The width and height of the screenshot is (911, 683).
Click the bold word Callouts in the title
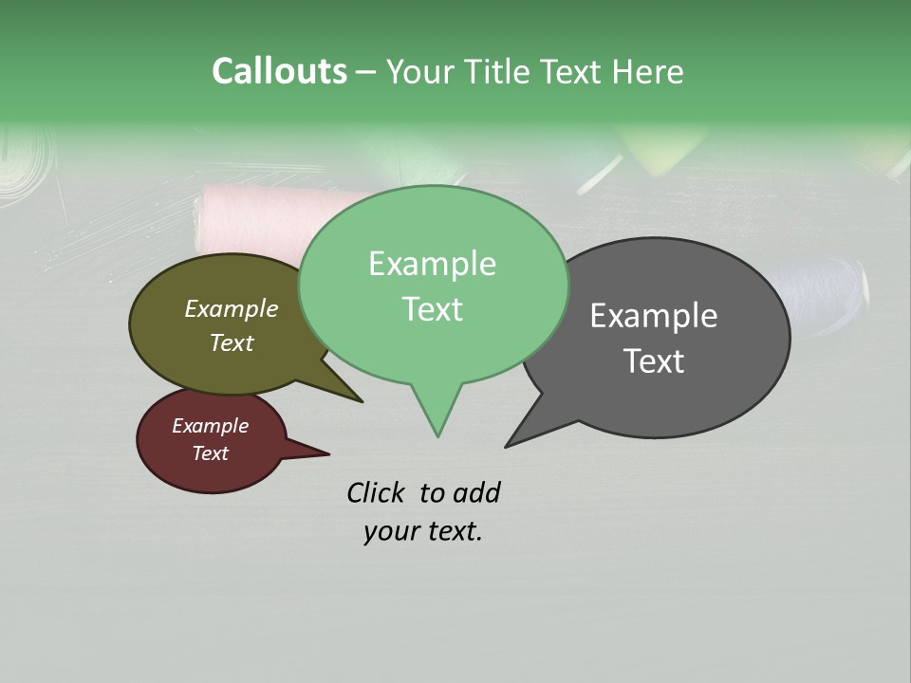279,71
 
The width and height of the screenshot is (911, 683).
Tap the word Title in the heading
498,71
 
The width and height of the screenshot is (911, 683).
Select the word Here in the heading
648,71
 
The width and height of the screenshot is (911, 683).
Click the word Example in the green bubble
432,264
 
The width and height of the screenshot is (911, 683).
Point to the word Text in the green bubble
432,309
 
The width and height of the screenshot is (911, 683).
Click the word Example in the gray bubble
654,316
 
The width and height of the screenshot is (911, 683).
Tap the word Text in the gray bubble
654,361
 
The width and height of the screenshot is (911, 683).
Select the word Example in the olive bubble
232,308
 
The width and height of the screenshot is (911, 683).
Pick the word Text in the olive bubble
232,342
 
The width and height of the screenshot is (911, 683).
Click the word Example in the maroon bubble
210,426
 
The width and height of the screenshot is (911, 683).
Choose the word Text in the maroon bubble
210,453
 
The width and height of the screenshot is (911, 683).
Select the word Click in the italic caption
375,492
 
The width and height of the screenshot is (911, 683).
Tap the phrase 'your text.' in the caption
423,531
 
